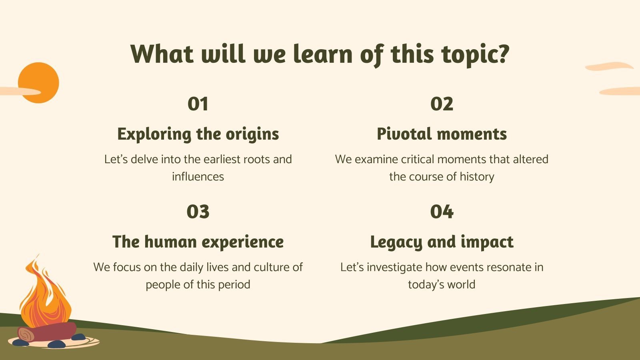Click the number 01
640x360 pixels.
pyautogui.click(x=198, y=104)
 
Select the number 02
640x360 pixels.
pyautogui.click(x=442, y=104)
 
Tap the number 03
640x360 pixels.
pyautogui.click(x=198, y=212)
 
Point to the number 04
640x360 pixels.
pyautogui.click(x=442, y=212)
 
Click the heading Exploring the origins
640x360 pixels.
pyautogui.click(x=198, y=134)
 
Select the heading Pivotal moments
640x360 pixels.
pyautogui.click(x=442, y=134)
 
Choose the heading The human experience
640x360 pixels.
pyautogui.click(x=198, y=242)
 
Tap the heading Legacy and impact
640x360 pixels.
pyautogui.click(x=442, y=242)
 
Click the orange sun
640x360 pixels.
pyautogui.click(x=38, y=83)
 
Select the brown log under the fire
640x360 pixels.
pyautogui.click(x=47, y=332)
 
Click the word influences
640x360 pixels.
pyautogui.click(x=198, y=176)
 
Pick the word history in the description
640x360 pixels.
pyautogui.click(x=477, y=177)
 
